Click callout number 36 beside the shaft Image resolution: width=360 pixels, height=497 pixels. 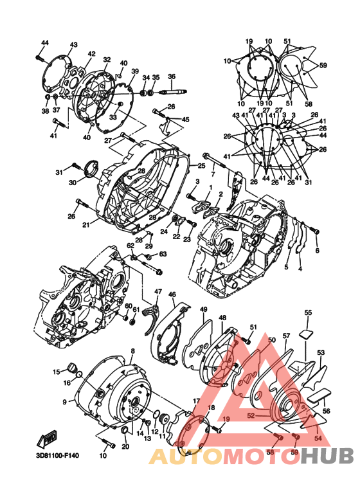pos(171,77)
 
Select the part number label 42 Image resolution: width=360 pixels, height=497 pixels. pos(91,54)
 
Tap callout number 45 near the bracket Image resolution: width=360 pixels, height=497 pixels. pos(185,120)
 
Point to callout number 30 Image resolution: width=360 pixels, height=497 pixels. pos(73,182)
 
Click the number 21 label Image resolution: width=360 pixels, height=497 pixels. pos(85,224)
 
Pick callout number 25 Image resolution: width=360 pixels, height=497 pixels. pos(201,166)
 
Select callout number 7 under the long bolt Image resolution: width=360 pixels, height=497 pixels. pos(213,174)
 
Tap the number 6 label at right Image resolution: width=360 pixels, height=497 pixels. pos(317,251)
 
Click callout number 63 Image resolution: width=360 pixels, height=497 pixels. pos(163,254)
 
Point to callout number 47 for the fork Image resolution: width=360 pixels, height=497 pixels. pos(157,291)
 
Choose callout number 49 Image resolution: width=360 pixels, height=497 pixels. pos(203,309)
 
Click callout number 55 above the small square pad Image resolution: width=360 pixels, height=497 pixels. pos(308,312)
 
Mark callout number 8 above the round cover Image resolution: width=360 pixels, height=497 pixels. pos(132,350)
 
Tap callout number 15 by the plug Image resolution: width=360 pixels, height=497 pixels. pos(56,371)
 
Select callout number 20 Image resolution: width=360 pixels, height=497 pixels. pos(125,446)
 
